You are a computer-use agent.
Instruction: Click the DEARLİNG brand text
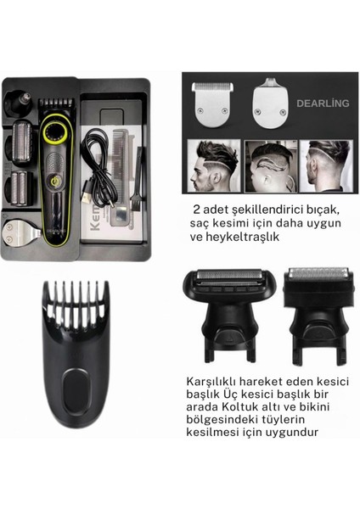(x=323, y=103)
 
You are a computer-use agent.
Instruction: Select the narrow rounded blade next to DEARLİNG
(x=271, y=98)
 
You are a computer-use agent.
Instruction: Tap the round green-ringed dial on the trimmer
(x=58, y=133)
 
